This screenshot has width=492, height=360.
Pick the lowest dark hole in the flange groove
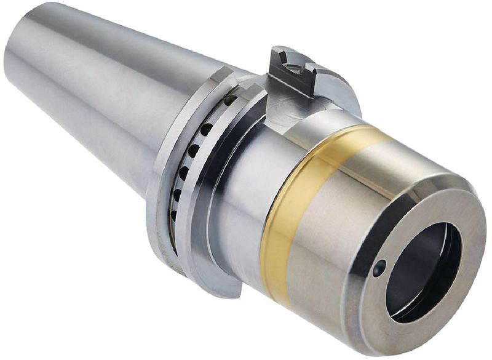tap(174, 215)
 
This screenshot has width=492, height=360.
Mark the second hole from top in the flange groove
tap(207, 129)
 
